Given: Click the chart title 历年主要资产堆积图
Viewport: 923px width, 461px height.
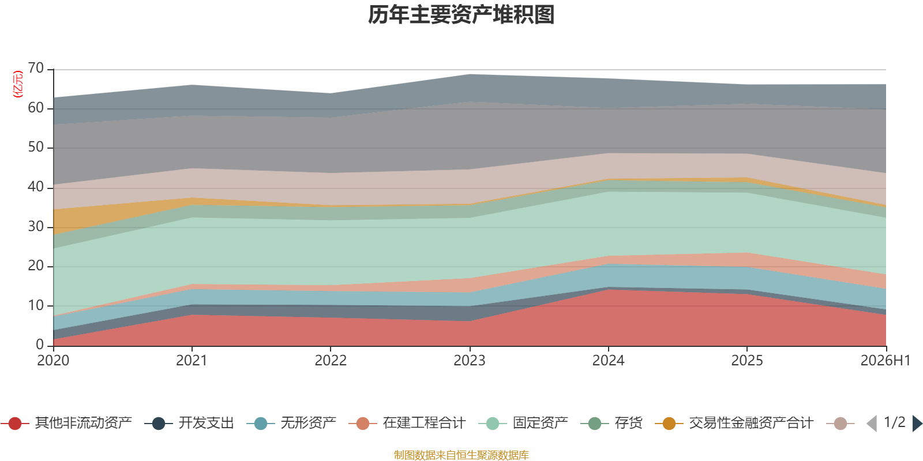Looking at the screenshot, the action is click(461, 15).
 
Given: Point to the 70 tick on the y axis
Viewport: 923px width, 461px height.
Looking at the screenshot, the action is click(35, 68).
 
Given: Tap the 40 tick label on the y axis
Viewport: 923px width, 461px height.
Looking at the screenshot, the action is click(35, 187).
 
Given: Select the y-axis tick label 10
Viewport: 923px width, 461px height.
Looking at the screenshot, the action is click(35, 305).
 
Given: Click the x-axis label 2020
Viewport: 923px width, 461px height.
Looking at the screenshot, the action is click(53, 361).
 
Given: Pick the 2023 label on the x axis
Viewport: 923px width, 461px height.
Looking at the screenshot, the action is click(470, 361).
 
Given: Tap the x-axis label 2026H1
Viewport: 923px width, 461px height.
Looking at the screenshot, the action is click(886, 361).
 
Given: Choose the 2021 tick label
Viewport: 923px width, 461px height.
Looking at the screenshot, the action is click(192, 361).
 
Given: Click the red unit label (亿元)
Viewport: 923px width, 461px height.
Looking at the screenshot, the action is click(18, 84).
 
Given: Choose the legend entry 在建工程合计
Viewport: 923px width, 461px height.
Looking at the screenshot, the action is click(407, 423).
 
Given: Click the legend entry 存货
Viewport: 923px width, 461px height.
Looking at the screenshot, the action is click(611, 423).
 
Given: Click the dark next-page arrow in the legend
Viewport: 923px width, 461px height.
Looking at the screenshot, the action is click(917, 424).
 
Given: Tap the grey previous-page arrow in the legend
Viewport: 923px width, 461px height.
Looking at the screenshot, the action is click(872, 424).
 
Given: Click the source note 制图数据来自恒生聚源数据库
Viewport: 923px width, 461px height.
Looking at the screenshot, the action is click(461, 455).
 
